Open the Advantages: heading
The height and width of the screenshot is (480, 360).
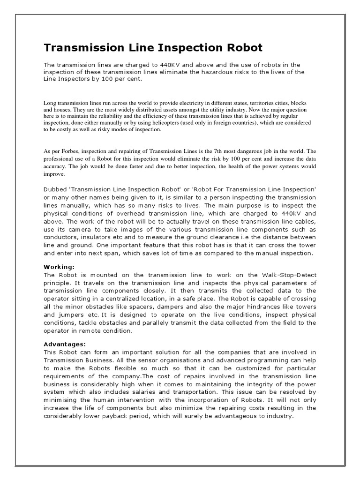pyautogui.click(x=65, y=344)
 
